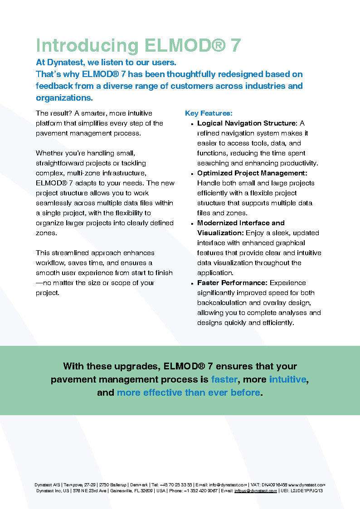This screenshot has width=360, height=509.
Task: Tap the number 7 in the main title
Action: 235,46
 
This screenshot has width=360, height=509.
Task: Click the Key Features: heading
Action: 209,113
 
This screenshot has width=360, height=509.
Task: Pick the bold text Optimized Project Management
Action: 252,173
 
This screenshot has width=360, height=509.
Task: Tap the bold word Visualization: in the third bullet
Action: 221,233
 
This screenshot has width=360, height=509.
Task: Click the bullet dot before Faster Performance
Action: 193,283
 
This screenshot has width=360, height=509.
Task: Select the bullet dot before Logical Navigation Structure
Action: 193,124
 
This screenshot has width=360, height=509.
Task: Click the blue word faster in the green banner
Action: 224,379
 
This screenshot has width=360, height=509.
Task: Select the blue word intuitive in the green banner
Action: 287,379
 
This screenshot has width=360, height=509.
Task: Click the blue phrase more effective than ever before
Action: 188,393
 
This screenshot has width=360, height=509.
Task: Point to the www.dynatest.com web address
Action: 307,485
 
